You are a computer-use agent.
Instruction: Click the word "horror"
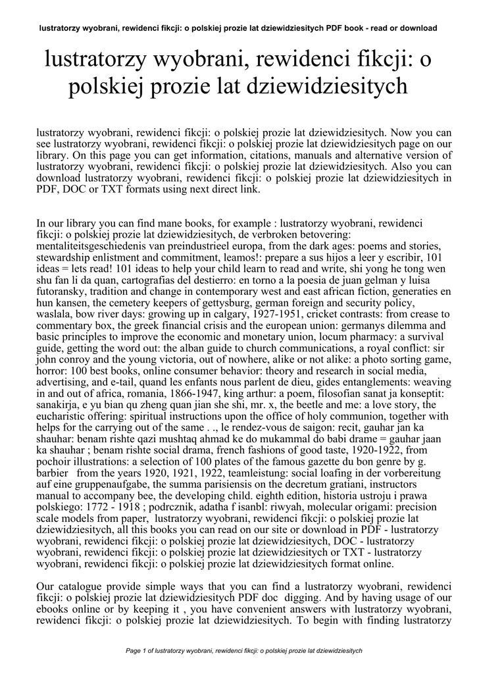coord(51,370)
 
